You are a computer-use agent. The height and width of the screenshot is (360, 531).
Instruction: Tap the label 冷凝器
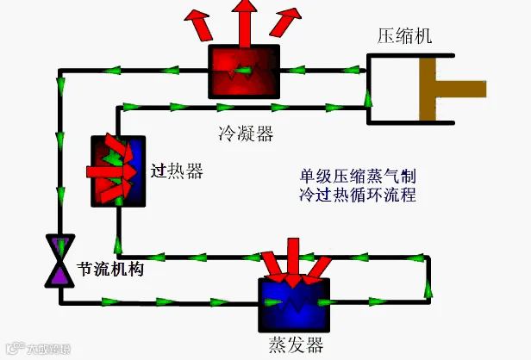pos(246,133)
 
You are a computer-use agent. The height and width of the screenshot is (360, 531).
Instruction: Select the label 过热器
pos(177,171)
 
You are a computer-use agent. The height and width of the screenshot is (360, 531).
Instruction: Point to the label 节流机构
pos(110,269)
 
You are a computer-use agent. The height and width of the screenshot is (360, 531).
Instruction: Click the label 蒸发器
pos(296,345)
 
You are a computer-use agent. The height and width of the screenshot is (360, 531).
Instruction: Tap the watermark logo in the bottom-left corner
pos(36,349)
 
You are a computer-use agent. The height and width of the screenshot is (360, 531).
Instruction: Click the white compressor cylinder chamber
pos(393,89)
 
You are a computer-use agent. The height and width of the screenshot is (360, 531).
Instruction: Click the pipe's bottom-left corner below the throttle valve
pos(60,301)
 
